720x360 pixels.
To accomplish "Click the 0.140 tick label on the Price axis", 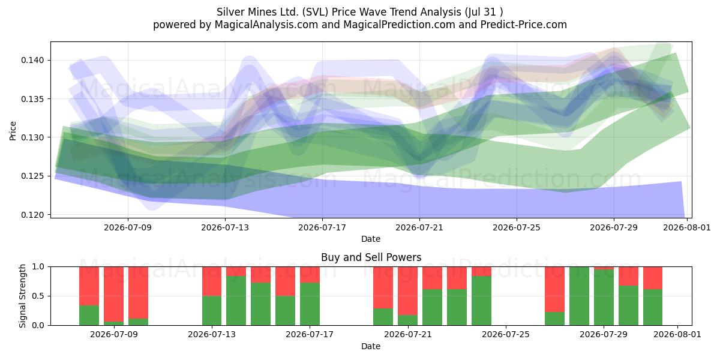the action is (x=32, y=60).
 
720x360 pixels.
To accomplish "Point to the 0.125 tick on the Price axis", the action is (x=32, y=176).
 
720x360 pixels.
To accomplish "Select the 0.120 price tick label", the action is (x=32, y=214).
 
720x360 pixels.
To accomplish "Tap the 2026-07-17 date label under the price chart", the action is (x=322, y=227).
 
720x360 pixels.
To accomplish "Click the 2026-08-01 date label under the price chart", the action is (x=687, y=227).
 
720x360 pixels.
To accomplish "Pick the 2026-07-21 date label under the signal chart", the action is (x=408, y=334).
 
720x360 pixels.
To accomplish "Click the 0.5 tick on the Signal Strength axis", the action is (x=38, y=296).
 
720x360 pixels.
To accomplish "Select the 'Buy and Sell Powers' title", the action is (x=371, y=257).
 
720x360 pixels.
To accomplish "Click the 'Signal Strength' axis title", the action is (x=22, y=296).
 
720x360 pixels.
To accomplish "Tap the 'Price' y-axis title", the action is (x=13, y=131).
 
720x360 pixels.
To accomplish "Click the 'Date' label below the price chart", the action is (x=371, y=239).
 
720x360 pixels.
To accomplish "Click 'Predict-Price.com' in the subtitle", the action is (x=524, y=25).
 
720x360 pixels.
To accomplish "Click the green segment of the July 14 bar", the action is (x=236, y=301).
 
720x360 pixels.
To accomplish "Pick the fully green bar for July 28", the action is (x=579, y=296).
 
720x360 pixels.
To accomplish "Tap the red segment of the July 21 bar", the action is (x=407, y=291).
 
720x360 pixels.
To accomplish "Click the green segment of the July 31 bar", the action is (x=653, y=307).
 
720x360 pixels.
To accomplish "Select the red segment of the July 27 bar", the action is (x=554, y=289).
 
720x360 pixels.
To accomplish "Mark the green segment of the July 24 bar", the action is (x=481, y=301).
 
